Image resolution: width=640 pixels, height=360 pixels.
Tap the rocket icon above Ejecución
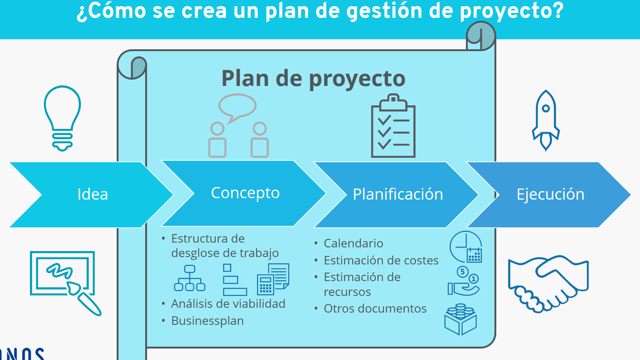546,121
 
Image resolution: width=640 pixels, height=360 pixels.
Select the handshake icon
548,284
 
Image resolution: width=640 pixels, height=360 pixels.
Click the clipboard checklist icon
393,126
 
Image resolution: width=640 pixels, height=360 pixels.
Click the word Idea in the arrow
93,194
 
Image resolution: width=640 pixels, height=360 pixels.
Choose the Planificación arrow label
398,194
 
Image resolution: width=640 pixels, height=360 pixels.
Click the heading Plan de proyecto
313,79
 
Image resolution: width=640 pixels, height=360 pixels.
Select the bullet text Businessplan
207,321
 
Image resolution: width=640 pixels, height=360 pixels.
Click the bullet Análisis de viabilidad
228,304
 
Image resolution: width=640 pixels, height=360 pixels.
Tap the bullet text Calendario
353,243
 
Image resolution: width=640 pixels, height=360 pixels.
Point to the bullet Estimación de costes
381,260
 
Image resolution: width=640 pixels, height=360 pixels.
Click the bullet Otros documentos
375,309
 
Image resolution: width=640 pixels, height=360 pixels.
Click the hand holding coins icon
463,281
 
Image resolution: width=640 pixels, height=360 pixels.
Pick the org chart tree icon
190,278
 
